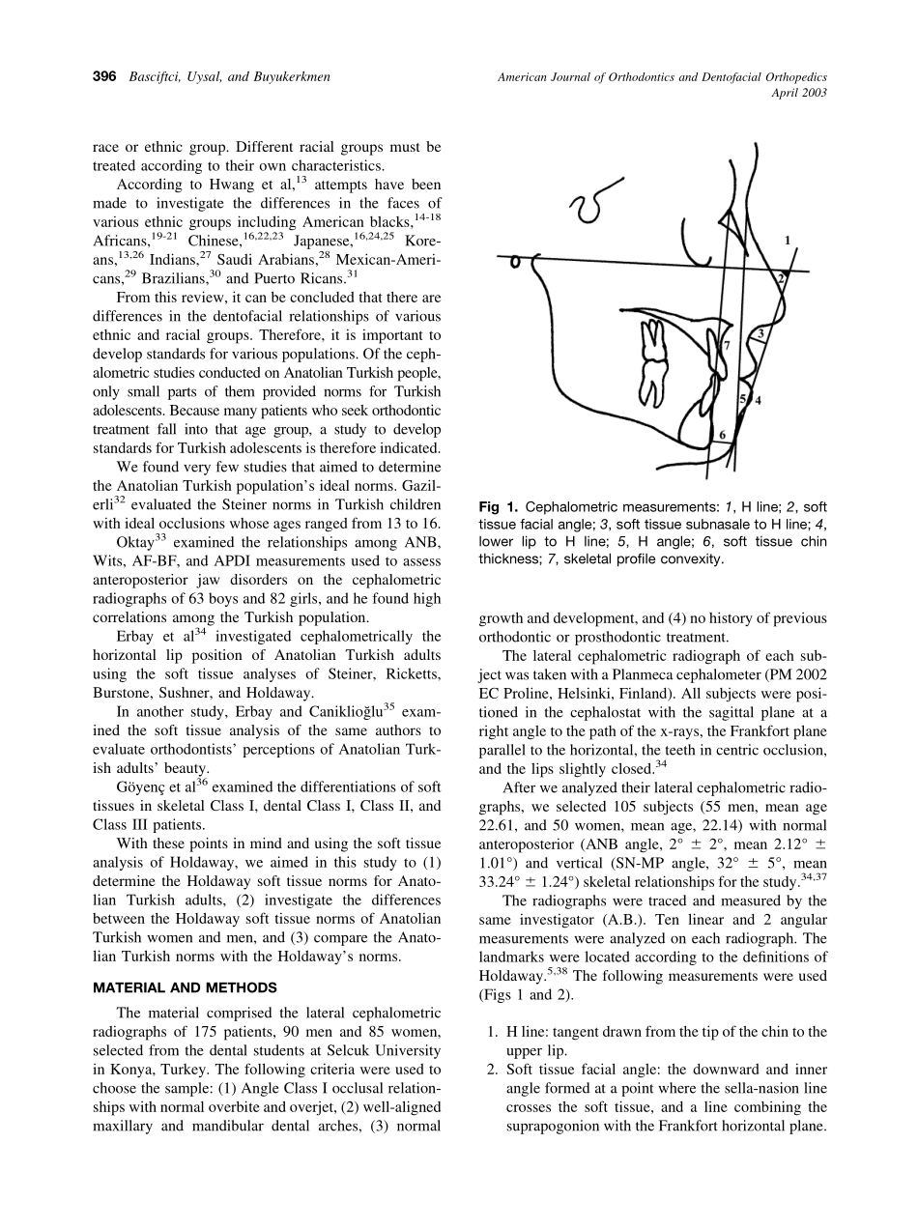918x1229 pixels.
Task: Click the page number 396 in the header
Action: click(105, 76)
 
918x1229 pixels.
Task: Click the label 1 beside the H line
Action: click(788, 239)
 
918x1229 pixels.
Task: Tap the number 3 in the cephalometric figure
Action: click(760, 334)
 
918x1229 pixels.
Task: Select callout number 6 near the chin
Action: click(722, 435)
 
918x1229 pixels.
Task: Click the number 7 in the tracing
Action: click(727, 345)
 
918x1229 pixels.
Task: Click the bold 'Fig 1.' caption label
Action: click(500, 507)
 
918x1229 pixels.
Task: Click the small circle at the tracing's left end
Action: click(517, 260)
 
